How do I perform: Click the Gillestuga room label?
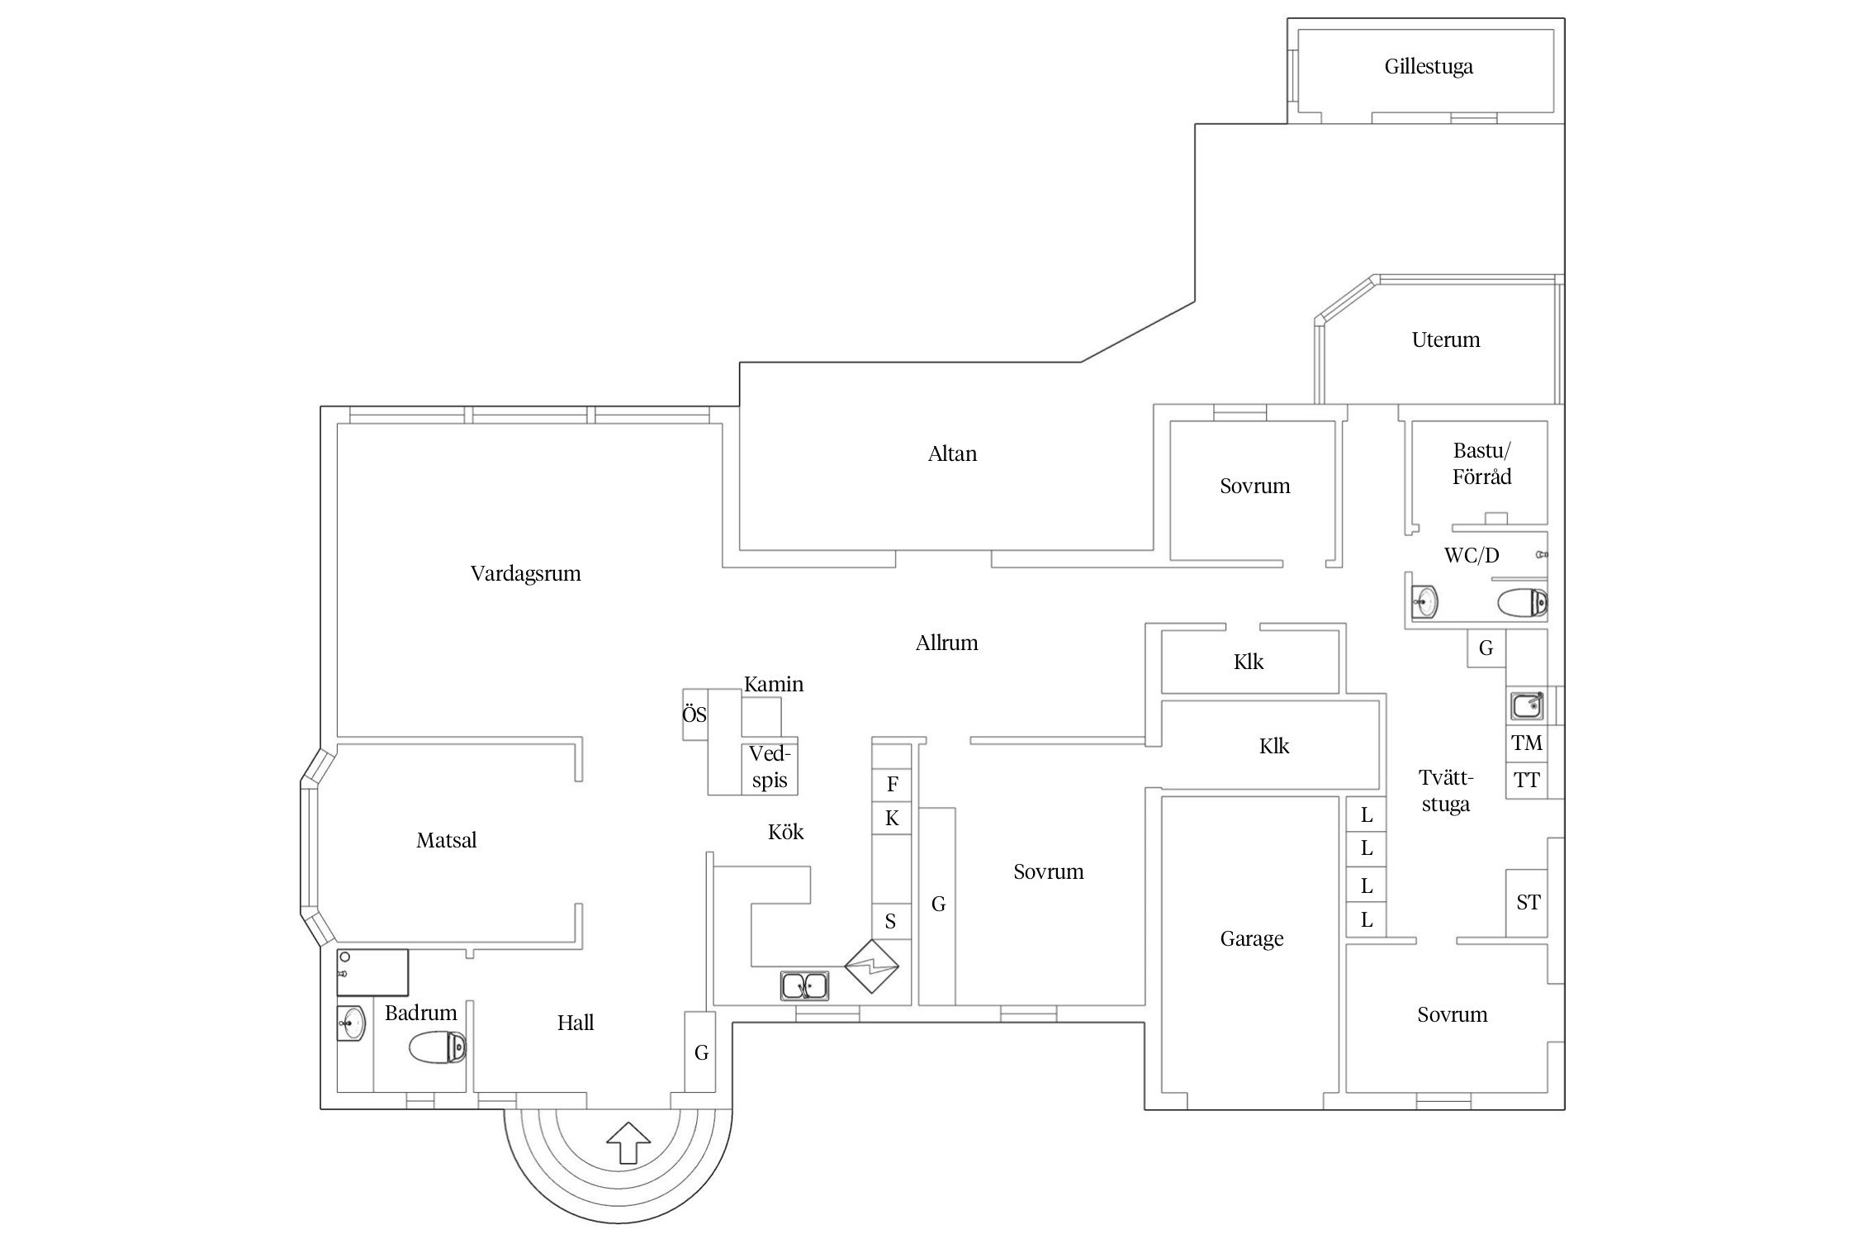pos(1429,67)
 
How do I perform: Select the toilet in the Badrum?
pos(438,1048)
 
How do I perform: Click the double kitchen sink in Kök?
pos(805,985)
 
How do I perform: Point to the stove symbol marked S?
pos(890,921)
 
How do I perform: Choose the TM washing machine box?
pos(1527,743)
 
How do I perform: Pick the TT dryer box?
pos(1527,780)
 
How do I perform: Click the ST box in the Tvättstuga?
pos(1528,903)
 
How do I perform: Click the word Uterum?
pos(1445,340)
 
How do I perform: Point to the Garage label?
pos(1252,939)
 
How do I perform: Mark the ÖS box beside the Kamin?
pos(694,714)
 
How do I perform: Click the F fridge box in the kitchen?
pos(892,784)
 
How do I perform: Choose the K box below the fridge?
pos(892,819)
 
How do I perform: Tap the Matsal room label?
pos(446,841)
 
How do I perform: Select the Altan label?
pos(952,454)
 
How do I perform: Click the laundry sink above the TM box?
pos(1527,705)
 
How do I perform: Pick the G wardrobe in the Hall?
pos(700,1052)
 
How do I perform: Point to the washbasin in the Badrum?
pos(353,1024)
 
